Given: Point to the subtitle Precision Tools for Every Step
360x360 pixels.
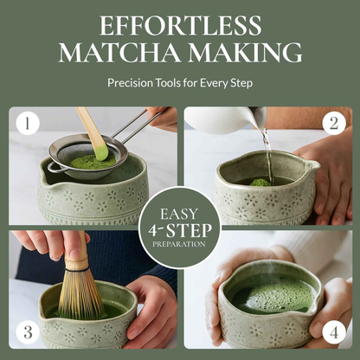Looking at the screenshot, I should [x=179, y=85].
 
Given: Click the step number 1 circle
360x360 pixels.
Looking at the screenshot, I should [x=28, y=124].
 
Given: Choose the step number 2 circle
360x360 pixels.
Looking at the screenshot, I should [x=333, y=124].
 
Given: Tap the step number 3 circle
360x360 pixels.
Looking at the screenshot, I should [x=28, y=331].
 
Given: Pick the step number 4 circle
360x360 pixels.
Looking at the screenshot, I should [x=333, y=331].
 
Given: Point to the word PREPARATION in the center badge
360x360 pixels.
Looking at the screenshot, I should [x=180, y=244].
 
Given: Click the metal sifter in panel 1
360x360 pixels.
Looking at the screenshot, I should [x=82, y=156].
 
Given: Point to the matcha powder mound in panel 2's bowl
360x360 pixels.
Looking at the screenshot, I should [x=260, y=183].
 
